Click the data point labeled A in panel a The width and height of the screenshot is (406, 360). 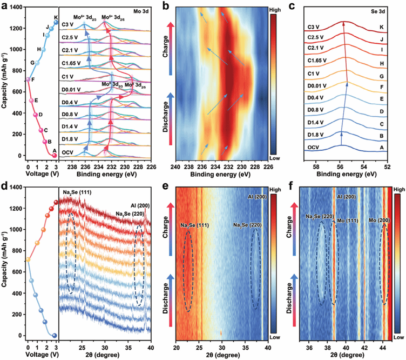click(55, 156)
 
